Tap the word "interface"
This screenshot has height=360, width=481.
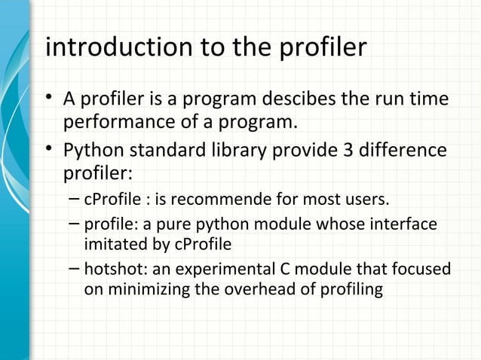(x=404, y=224)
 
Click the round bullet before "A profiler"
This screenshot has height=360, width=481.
(x=50, y=99)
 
